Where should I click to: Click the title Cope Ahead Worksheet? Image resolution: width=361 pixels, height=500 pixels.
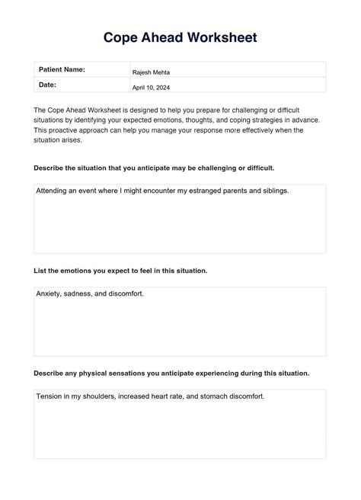[180, 37]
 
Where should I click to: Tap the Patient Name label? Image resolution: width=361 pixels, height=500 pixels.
[62, 69]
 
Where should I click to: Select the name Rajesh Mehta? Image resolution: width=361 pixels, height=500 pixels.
[151, 72]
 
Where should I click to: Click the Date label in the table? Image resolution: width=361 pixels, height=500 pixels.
[47, 85]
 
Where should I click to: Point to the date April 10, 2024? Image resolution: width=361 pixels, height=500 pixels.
[152, 88]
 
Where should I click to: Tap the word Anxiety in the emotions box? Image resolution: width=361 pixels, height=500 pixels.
[50, 293]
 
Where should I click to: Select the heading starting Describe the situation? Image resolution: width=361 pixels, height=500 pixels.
[154, 167]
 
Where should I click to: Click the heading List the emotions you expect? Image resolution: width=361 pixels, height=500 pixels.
[120, 270]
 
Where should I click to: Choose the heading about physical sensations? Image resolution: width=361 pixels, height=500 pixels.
[171, 373]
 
